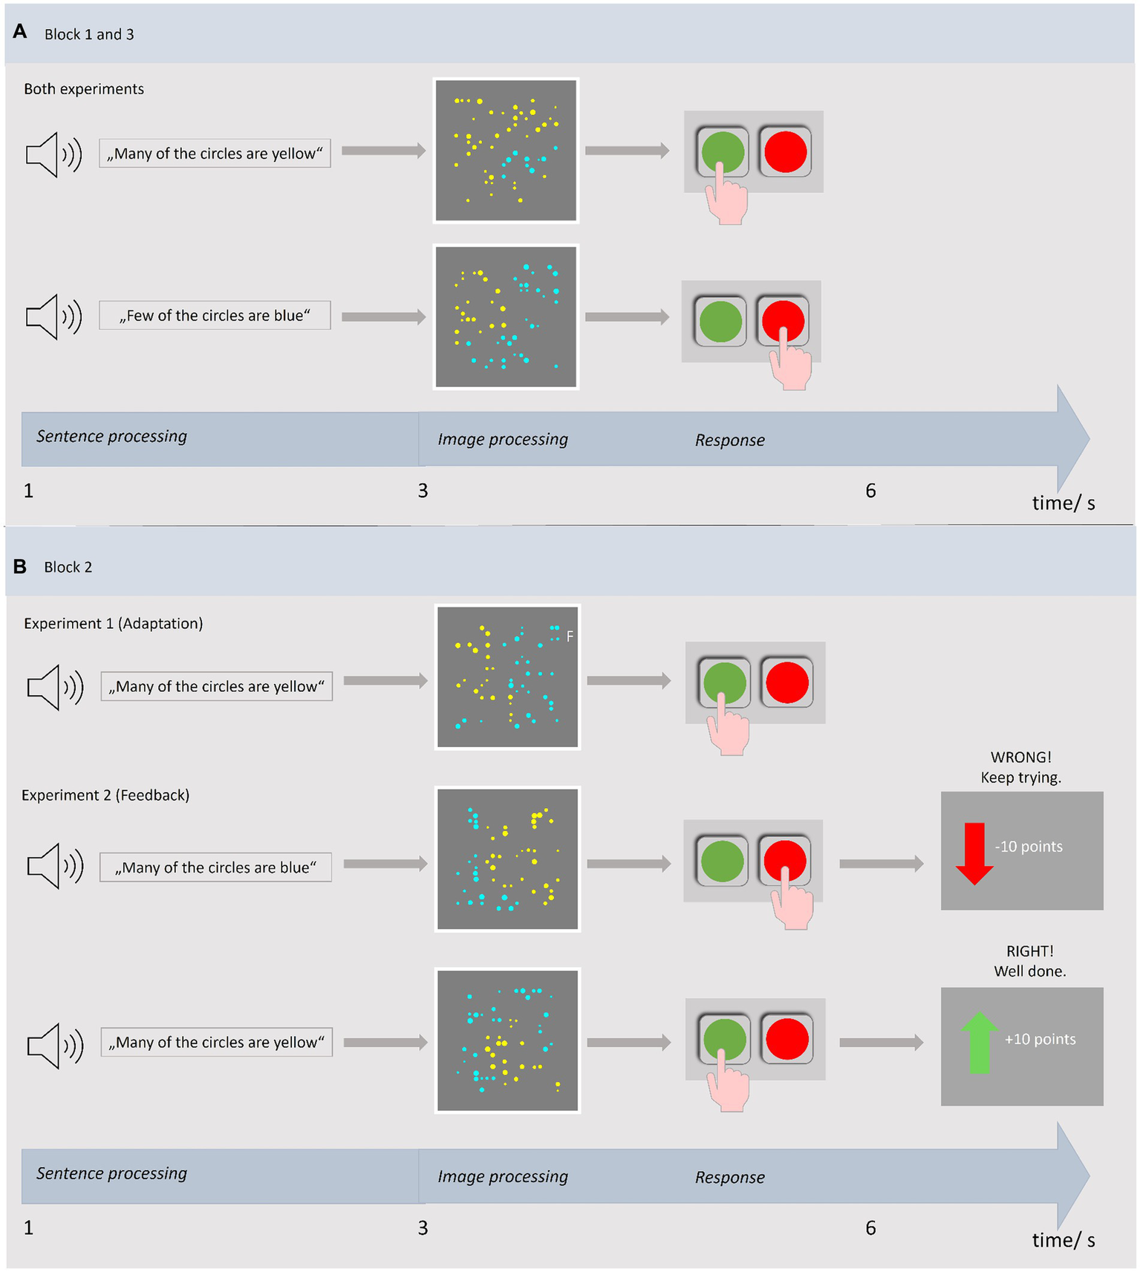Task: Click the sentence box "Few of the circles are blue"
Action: click(x=215, y=316)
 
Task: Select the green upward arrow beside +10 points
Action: click(x=979, y=1043)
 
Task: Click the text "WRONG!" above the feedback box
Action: click(x=1020, y=757)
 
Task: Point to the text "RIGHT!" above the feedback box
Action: click(x=1029, y=951)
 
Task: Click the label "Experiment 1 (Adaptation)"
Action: click(x=113, y=624)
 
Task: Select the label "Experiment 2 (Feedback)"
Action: click(x=105, y=795)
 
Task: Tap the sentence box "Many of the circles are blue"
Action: click(x=215, y=867)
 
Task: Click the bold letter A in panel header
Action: click(x=20, y=32)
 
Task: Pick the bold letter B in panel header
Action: click(x=20, y=567)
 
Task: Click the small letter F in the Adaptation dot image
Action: click(x=570, y=636)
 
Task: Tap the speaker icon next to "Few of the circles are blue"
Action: click(x=53, y=316)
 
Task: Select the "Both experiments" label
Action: click(x=84, y=89)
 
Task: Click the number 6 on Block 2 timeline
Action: click(x=870, y=1228)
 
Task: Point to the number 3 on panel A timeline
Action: click(x=423, y=491)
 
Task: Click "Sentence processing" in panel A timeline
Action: click(x=111, y=437)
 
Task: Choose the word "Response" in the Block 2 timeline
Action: click(x=729, y=1178)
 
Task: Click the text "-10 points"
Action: click(x=1028, y=847)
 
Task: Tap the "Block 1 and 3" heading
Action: click(x=89, y=34)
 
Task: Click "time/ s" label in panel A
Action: click(x=1063, y=503)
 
